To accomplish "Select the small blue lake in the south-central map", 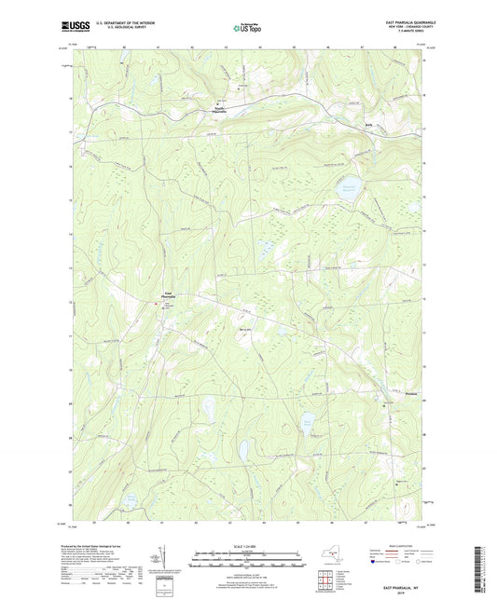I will click(242, 452).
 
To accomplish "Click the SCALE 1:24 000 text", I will click(247, 546).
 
